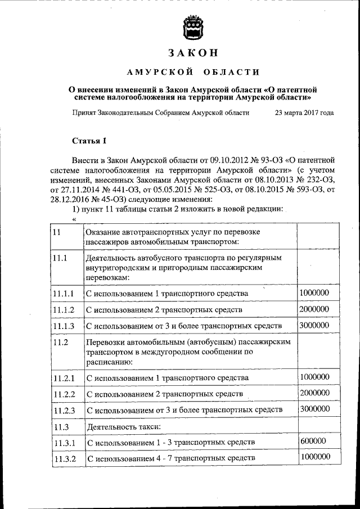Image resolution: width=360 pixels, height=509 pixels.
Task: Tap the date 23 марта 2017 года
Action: pos(304,112)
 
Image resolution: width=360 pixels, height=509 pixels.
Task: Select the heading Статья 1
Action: pos(89,140)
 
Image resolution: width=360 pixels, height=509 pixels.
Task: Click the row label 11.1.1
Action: pos(63,294)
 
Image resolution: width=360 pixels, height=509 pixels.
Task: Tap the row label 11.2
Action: pos(60,342)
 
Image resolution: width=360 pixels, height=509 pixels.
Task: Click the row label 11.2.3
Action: pos(64,411)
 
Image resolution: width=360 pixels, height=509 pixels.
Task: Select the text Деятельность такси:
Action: pos(118,427)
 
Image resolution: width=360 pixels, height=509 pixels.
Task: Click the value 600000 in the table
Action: pos(313,441)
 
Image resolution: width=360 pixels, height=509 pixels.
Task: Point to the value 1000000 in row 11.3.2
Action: pos(315,457)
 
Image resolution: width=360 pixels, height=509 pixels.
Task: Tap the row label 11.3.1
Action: pos(64,443)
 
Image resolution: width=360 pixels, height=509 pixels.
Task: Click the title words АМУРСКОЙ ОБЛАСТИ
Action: pos(193,72)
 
